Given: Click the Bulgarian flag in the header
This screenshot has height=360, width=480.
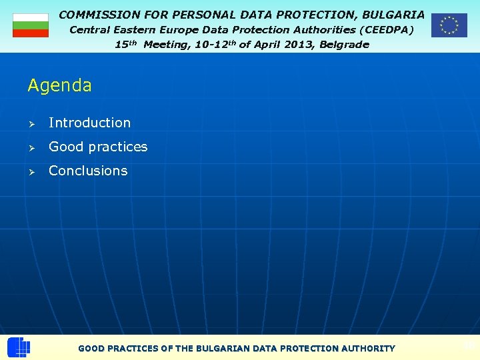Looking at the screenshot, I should (31, 25).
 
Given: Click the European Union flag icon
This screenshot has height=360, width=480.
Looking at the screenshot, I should (449, 25).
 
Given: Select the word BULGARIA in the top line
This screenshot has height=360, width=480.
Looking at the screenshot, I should (393, 14).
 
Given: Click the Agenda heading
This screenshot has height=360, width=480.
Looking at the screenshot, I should (60, 85).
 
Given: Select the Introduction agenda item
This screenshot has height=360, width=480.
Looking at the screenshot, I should (89, 123).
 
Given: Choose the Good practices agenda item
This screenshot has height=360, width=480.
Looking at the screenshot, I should (98, 147).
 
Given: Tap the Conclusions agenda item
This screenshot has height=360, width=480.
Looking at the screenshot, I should (88, 171).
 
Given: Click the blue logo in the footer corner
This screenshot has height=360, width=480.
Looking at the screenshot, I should (19, 347).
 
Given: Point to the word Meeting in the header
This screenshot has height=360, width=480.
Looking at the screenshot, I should (166, 45).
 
